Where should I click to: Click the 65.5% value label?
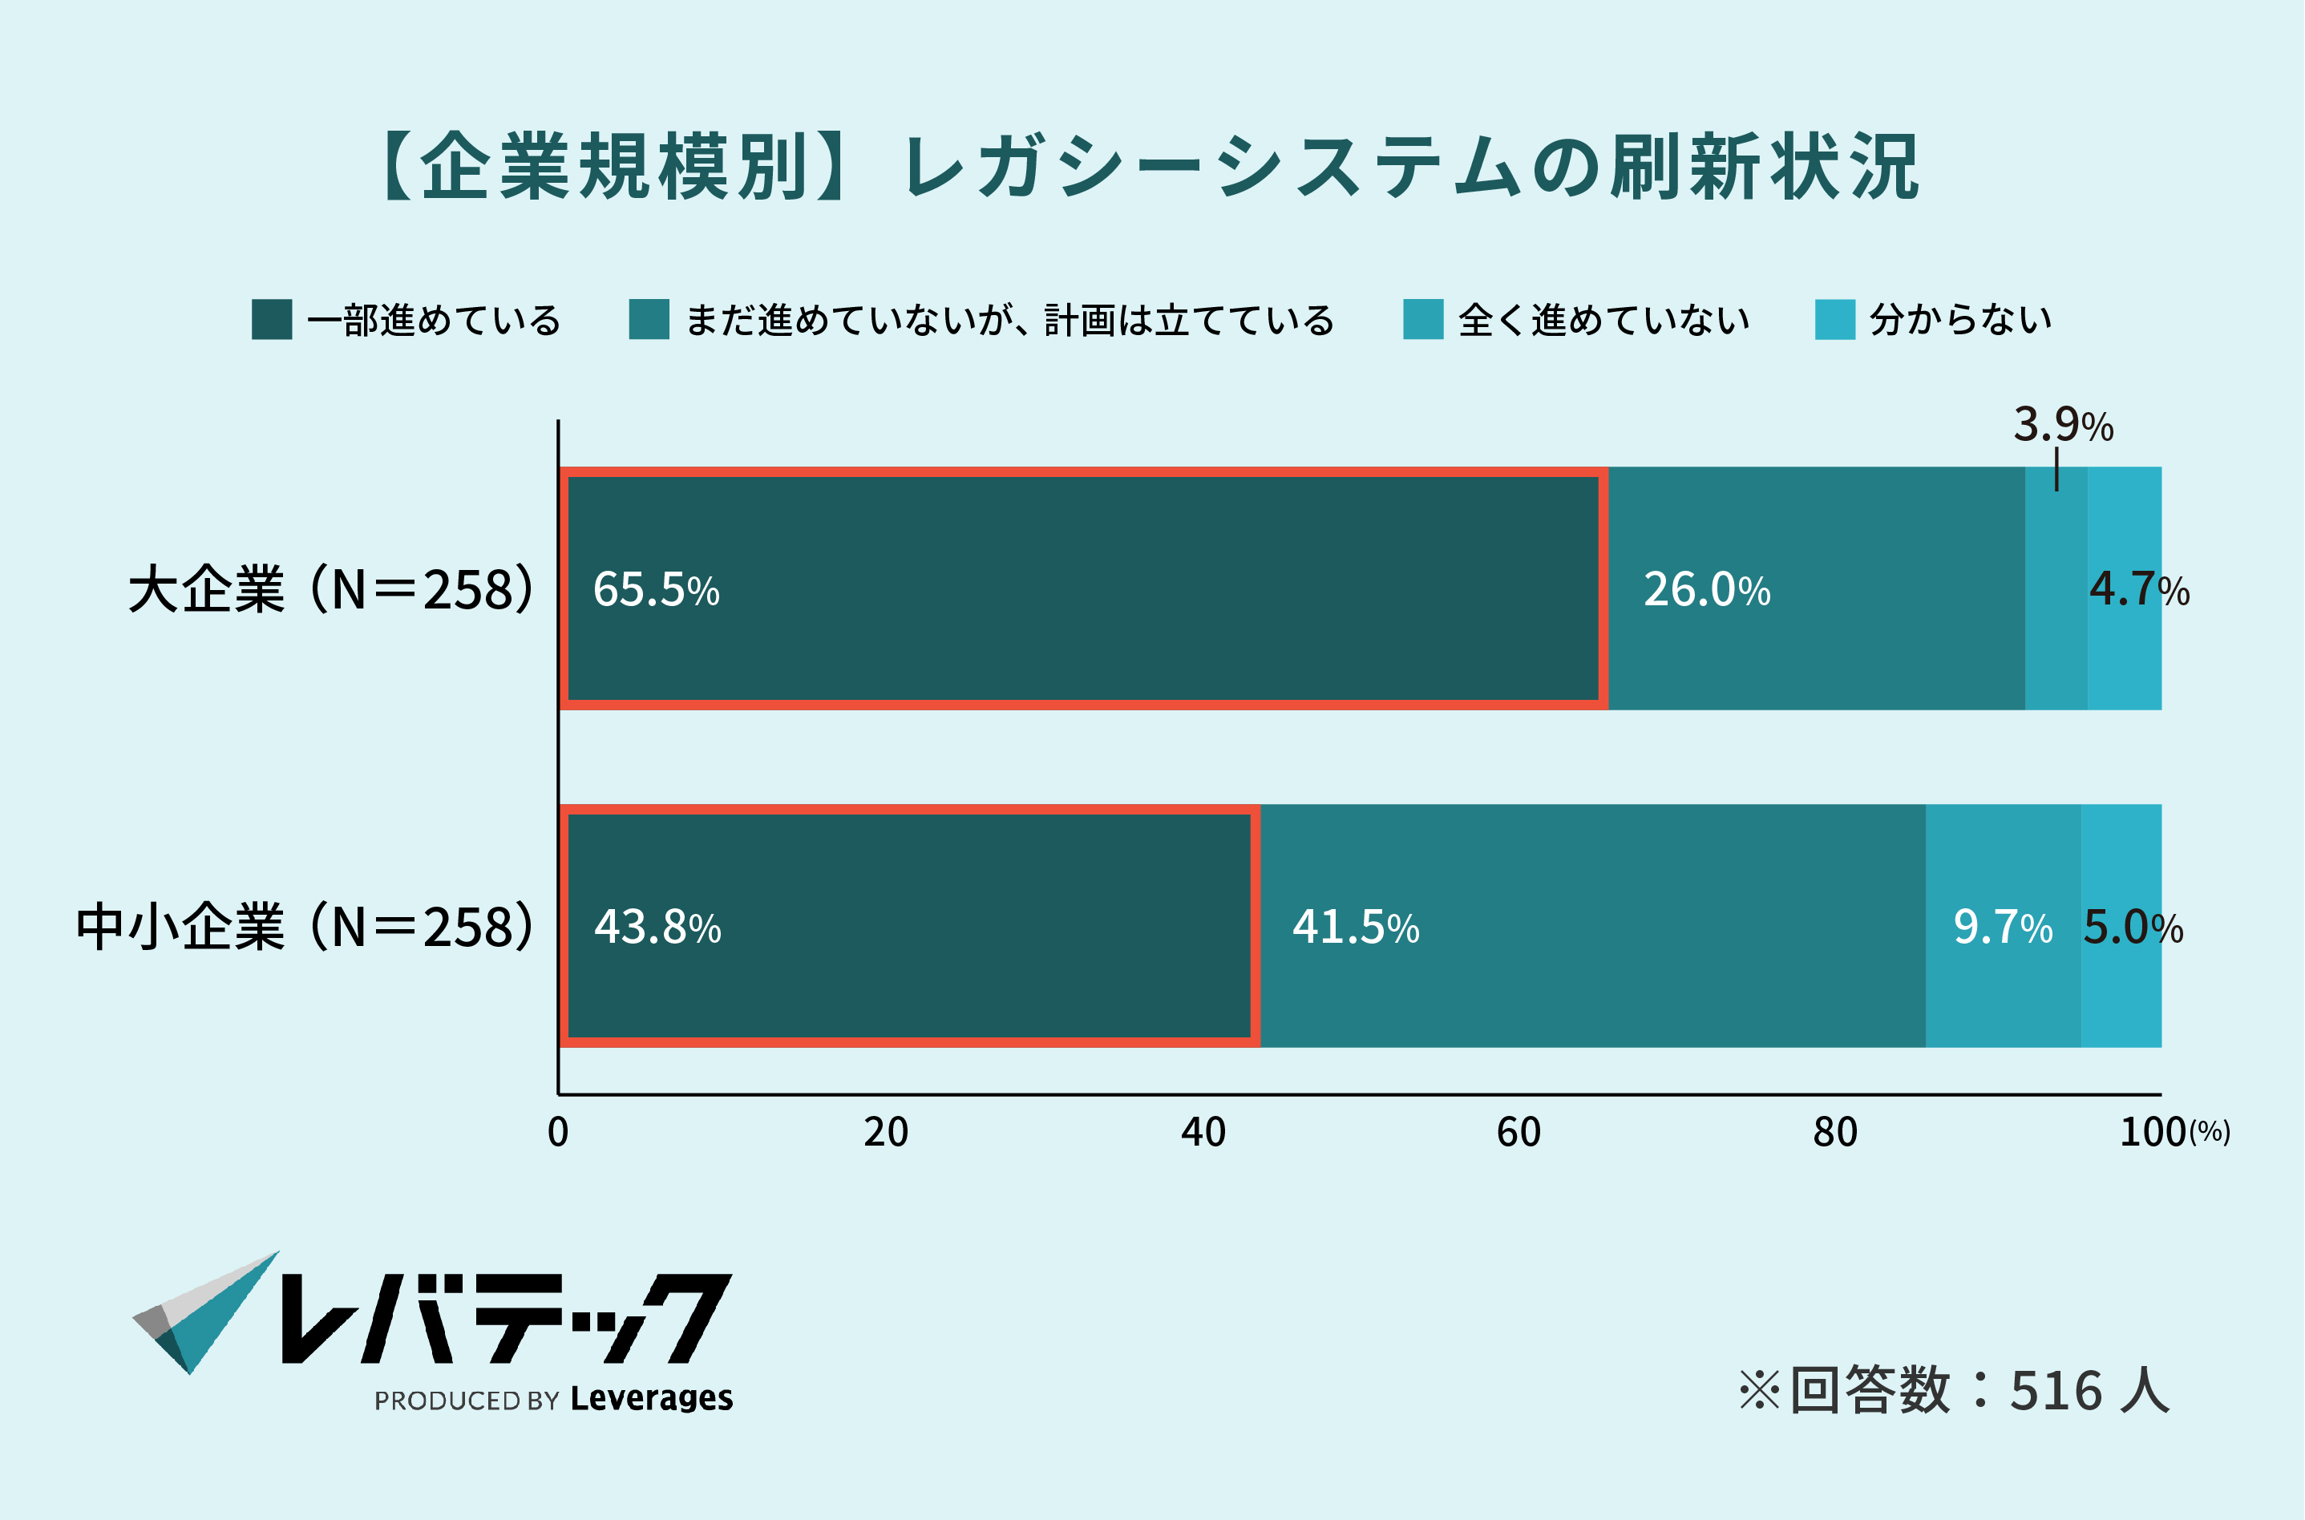656,589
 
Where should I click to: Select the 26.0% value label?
1707,589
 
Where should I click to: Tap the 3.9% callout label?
2063,425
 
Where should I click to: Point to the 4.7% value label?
2139,589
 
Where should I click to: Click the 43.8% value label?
657,927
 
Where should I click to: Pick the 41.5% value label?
1355,927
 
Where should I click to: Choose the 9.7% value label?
2003,927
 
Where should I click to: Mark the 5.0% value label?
2133,927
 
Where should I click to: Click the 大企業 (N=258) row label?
330,589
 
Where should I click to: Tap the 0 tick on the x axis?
558,1132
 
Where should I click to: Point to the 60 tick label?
1518,1132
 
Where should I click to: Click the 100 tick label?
2152,1132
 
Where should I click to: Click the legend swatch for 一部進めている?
272,319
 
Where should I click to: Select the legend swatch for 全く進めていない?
1423,319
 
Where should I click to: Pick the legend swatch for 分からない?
1835,319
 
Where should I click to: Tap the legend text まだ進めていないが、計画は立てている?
1009,319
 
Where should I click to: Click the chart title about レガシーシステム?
1151,167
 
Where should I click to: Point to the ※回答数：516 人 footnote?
1953,1390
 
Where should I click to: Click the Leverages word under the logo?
651,1399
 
